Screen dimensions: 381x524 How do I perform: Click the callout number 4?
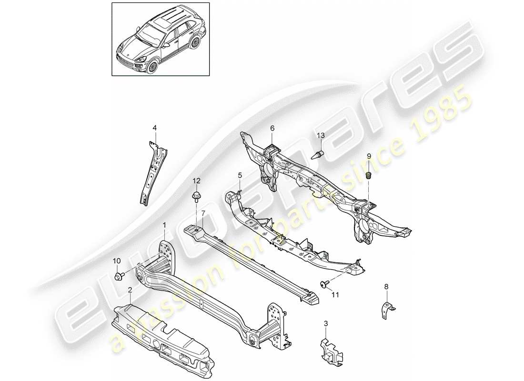(154, 127)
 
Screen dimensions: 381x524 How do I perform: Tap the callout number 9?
(368, 156)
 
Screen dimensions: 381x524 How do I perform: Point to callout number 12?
(197, 180)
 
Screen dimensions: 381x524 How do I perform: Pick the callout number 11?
(335, 295)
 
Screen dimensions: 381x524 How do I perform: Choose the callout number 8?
(386, 287)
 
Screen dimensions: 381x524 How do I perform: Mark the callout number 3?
(325, 324)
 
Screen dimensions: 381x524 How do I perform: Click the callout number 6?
(272, 128)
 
